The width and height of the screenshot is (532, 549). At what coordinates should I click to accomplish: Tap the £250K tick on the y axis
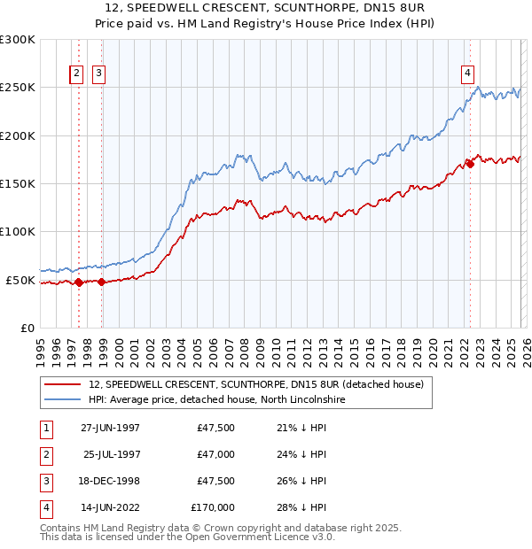(x=18, y=88)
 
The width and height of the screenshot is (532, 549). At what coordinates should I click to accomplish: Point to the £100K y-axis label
(x=18, y=231)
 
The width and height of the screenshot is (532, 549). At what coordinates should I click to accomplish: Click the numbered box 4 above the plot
(x=466, y=74)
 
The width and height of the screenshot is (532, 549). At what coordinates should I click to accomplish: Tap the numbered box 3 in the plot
(x=98, y=74)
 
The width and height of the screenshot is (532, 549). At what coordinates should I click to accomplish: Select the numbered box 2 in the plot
(x=77, y=74)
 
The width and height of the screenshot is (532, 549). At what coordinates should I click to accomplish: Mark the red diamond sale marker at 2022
(x=470, y=165)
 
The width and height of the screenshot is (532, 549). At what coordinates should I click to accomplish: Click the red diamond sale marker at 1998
(x=101, y=282)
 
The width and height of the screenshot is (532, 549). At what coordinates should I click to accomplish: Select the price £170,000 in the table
(x=213, y=507)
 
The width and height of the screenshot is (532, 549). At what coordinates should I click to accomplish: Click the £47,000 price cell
(x=213, y=454)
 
